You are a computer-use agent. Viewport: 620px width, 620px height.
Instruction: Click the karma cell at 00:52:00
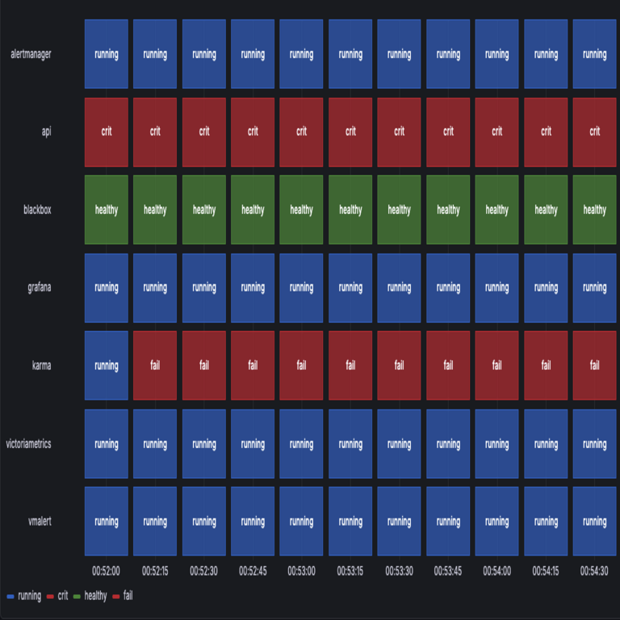coord(107,365)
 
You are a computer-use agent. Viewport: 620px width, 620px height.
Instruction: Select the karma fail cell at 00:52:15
coord(155,365)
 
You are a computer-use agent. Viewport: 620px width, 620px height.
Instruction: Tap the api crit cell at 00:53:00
coord(301,132)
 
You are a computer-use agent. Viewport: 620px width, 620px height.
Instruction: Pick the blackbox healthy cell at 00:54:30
coord(594,210)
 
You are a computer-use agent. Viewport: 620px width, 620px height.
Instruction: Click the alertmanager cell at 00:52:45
coord(253,54)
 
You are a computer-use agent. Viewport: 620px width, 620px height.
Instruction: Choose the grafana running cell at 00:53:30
coord(399,287)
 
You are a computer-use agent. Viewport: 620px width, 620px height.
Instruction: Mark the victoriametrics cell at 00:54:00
coord(496,443)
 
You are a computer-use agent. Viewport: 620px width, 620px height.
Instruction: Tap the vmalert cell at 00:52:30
coord(204,522)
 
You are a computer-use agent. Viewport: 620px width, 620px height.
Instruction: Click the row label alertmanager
coord(31,54)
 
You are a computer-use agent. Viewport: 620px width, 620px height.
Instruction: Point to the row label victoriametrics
coord(28,443)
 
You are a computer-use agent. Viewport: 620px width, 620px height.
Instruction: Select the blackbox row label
coord(37,210)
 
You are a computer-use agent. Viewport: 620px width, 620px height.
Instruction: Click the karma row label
coord(40,365)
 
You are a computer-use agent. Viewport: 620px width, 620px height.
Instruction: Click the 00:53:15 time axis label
coord(350,571)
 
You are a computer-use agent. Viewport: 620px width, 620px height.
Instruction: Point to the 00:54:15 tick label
coord(546,571)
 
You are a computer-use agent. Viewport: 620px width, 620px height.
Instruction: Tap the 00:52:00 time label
coord(107,571)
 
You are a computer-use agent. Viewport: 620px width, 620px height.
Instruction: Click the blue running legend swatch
coord(10,597)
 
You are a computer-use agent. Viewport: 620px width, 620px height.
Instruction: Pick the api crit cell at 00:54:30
coord(594,132)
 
